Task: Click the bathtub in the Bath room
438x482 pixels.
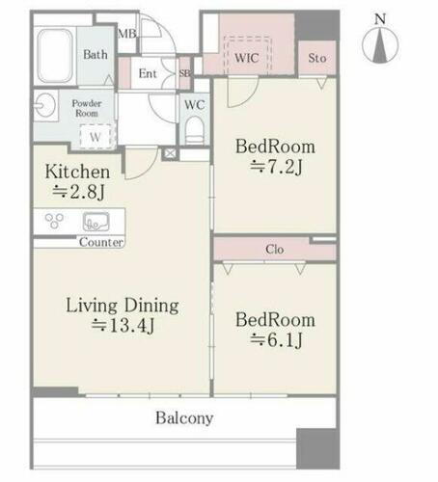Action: [x=55, y=56]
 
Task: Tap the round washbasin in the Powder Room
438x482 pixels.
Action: [x=45, y=105]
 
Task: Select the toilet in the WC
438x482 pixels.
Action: [x=195, y=131]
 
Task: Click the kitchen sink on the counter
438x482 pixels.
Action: [x=96, y=222]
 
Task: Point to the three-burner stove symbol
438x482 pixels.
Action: [x=54, y=221]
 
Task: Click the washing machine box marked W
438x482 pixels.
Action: [x=96, y=137]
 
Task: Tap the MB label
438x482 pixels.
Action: [x=127, y=34]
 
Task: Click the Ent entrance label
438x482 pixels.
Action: [x=148, y=73]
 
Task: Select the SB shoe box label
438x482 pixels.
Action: [x=185, y=73]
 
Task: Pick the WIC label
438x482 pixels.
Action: [x=247, y=58]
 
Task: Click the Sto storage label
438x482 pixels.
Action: [x=317, y=58]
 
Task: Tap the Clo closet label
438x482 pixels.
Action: [x=275, y=249]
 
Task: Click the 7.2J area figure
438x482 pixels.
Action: [x=276, y=167]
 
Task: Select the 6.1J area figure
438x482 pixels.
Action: [x=276, y=340]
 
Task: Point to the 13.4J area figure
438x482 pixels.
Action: [x=123, y=326]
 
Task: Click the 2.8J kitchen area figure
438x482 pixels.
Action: [x=78, y=192]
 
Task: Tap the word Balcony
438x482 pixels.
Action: [x=184, y=418]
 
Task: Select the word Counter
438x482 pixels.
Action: [x=101, y=242]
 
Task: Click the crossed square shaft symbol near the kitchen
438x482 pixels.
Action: [x=169, y=153]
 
